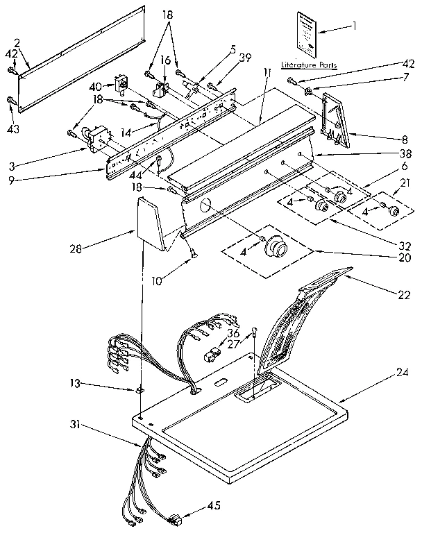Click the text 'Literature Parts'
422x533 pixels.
[x=310, y=65]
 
